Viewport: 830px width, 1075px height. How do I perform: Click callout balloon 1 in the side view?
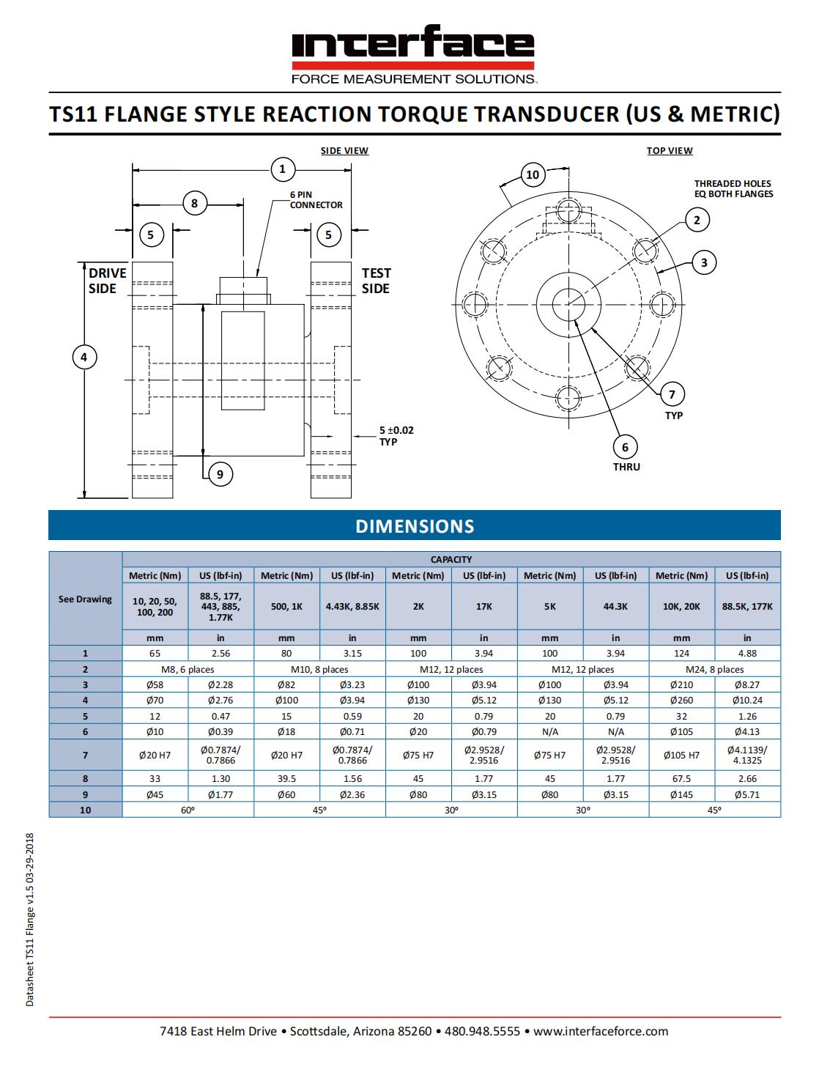pos(282,170)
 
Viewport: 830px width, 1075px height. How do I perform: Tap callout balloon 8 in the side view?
pos(194,203)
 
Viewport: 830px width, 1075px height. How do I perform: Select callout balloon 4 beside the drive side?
pos(84,357)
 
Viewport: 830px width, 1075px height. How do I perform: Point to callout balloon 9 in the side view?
pos(220,474)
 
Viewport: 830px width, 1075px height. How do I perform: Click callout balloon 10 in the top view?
pos(533,174)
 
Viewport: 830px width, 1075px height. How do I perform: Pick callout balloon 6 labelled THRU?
pos(625,447)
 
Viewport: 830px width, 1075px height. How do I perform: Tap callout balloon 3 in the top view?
pos(704,262)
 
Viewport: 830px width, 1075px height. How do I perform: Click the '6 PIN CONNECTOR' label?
pos(316,199)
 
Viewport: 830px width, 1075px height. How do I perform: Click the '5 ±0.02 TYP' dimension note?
pos(396,435)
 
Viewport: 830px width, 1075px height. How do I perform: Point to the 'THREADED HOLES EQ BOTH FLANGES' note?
pos(733,188)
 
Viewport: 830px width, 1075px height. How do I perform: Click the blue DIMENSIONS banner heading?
pos(415,526)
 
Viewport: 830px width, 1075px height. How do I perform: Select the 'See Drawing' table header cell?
pos(85,599)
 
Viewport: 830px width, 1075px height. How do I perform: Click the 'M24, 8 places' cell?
pos(714,669)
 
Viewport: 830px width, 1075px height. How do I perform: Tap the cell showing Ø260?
pos(681,700)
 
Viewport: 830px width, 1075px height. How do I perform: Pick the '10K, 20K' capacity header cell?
pos(681,606)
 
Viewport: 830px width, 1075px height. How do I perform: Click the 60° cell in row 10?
pos(188,810)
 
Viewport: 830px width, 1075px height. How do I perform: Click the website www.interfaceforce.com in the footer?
pos(601,1031)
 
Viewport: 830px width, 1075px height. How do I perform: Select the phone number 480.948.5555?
pos(482,1031)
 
